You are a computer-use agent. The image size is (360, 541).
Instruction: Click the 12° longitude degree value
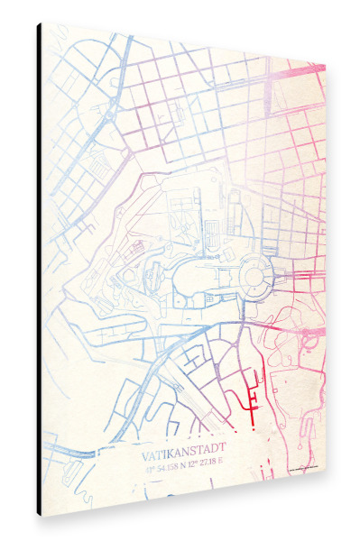coord(196,462)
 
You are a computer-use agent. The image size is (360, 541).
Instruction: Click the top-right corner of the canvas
coord(325,65)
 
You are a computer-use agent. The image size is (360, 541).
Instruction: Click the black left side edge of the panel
coord(39,270)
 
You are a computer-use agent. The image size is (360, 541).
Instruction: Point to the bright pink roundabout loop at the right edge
coord(311,338)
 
